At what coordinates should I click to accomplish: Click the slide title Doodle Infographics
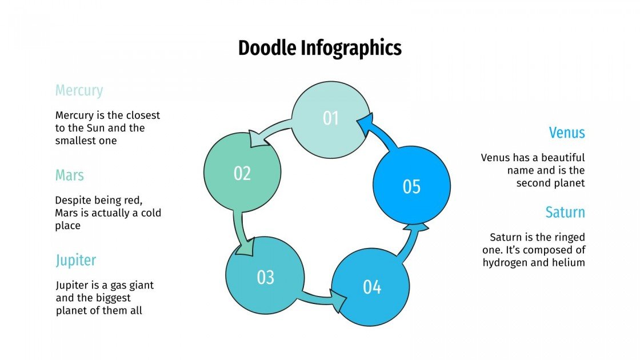(319, 48)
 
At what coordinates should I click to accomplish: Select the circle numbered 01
(331, 119)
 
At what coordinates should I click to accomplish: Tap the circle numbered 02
(242, 173)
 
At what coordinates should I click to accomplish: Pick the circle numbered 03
(265, 278)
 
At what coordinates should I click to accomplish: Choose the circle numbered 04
(371, 287)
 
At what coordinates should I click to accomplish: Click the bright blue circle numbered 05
(411, 186)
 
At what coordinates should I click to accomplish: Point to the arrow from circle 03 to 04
(320, 299)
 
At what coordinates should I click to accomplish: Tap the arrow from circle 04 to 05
(411, 240)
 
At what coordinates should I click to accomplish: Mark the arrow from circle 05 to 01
(381, 135)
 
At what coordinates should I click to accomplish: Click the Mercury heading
(79, 90)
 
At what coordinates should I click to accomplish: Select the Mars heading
(70, 175)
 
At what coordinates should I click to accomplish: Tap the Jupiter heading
(75, 260)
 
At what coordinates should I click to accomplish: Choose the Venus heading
(567, 133)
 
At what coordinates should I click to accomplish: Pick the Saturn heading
(565, 212)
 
